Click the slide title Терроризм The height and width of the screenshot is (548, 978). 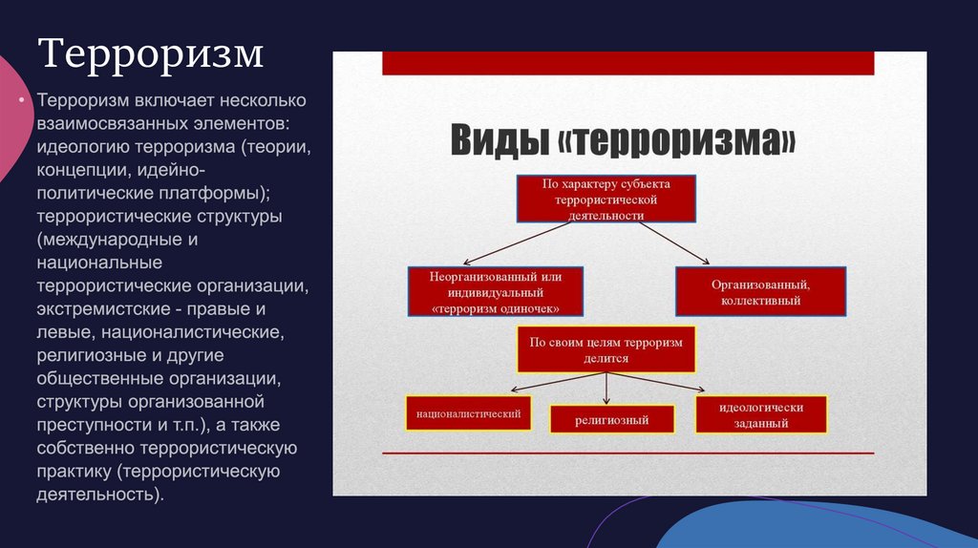[x=151, y=53]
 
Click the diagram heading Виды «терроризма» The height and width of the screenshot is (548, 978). [x=623, y=141]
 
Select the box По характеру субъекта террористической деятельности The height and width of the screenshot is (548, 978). [x=606, y=200]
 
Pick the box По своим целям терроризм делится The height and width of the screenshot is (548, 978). [x=606, y=349]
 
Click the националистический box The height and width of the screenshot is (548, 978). [x=468, y=413]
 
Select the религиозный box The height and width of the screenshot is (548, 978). [x=611, y=419]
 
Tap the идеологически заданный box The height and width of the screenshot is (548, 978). [x=760, y=413]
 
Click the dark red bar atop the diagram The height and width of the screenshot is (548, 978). [x=627, y=63]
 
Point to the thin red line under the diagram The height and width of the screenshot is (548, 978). [x=627, y=453]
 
